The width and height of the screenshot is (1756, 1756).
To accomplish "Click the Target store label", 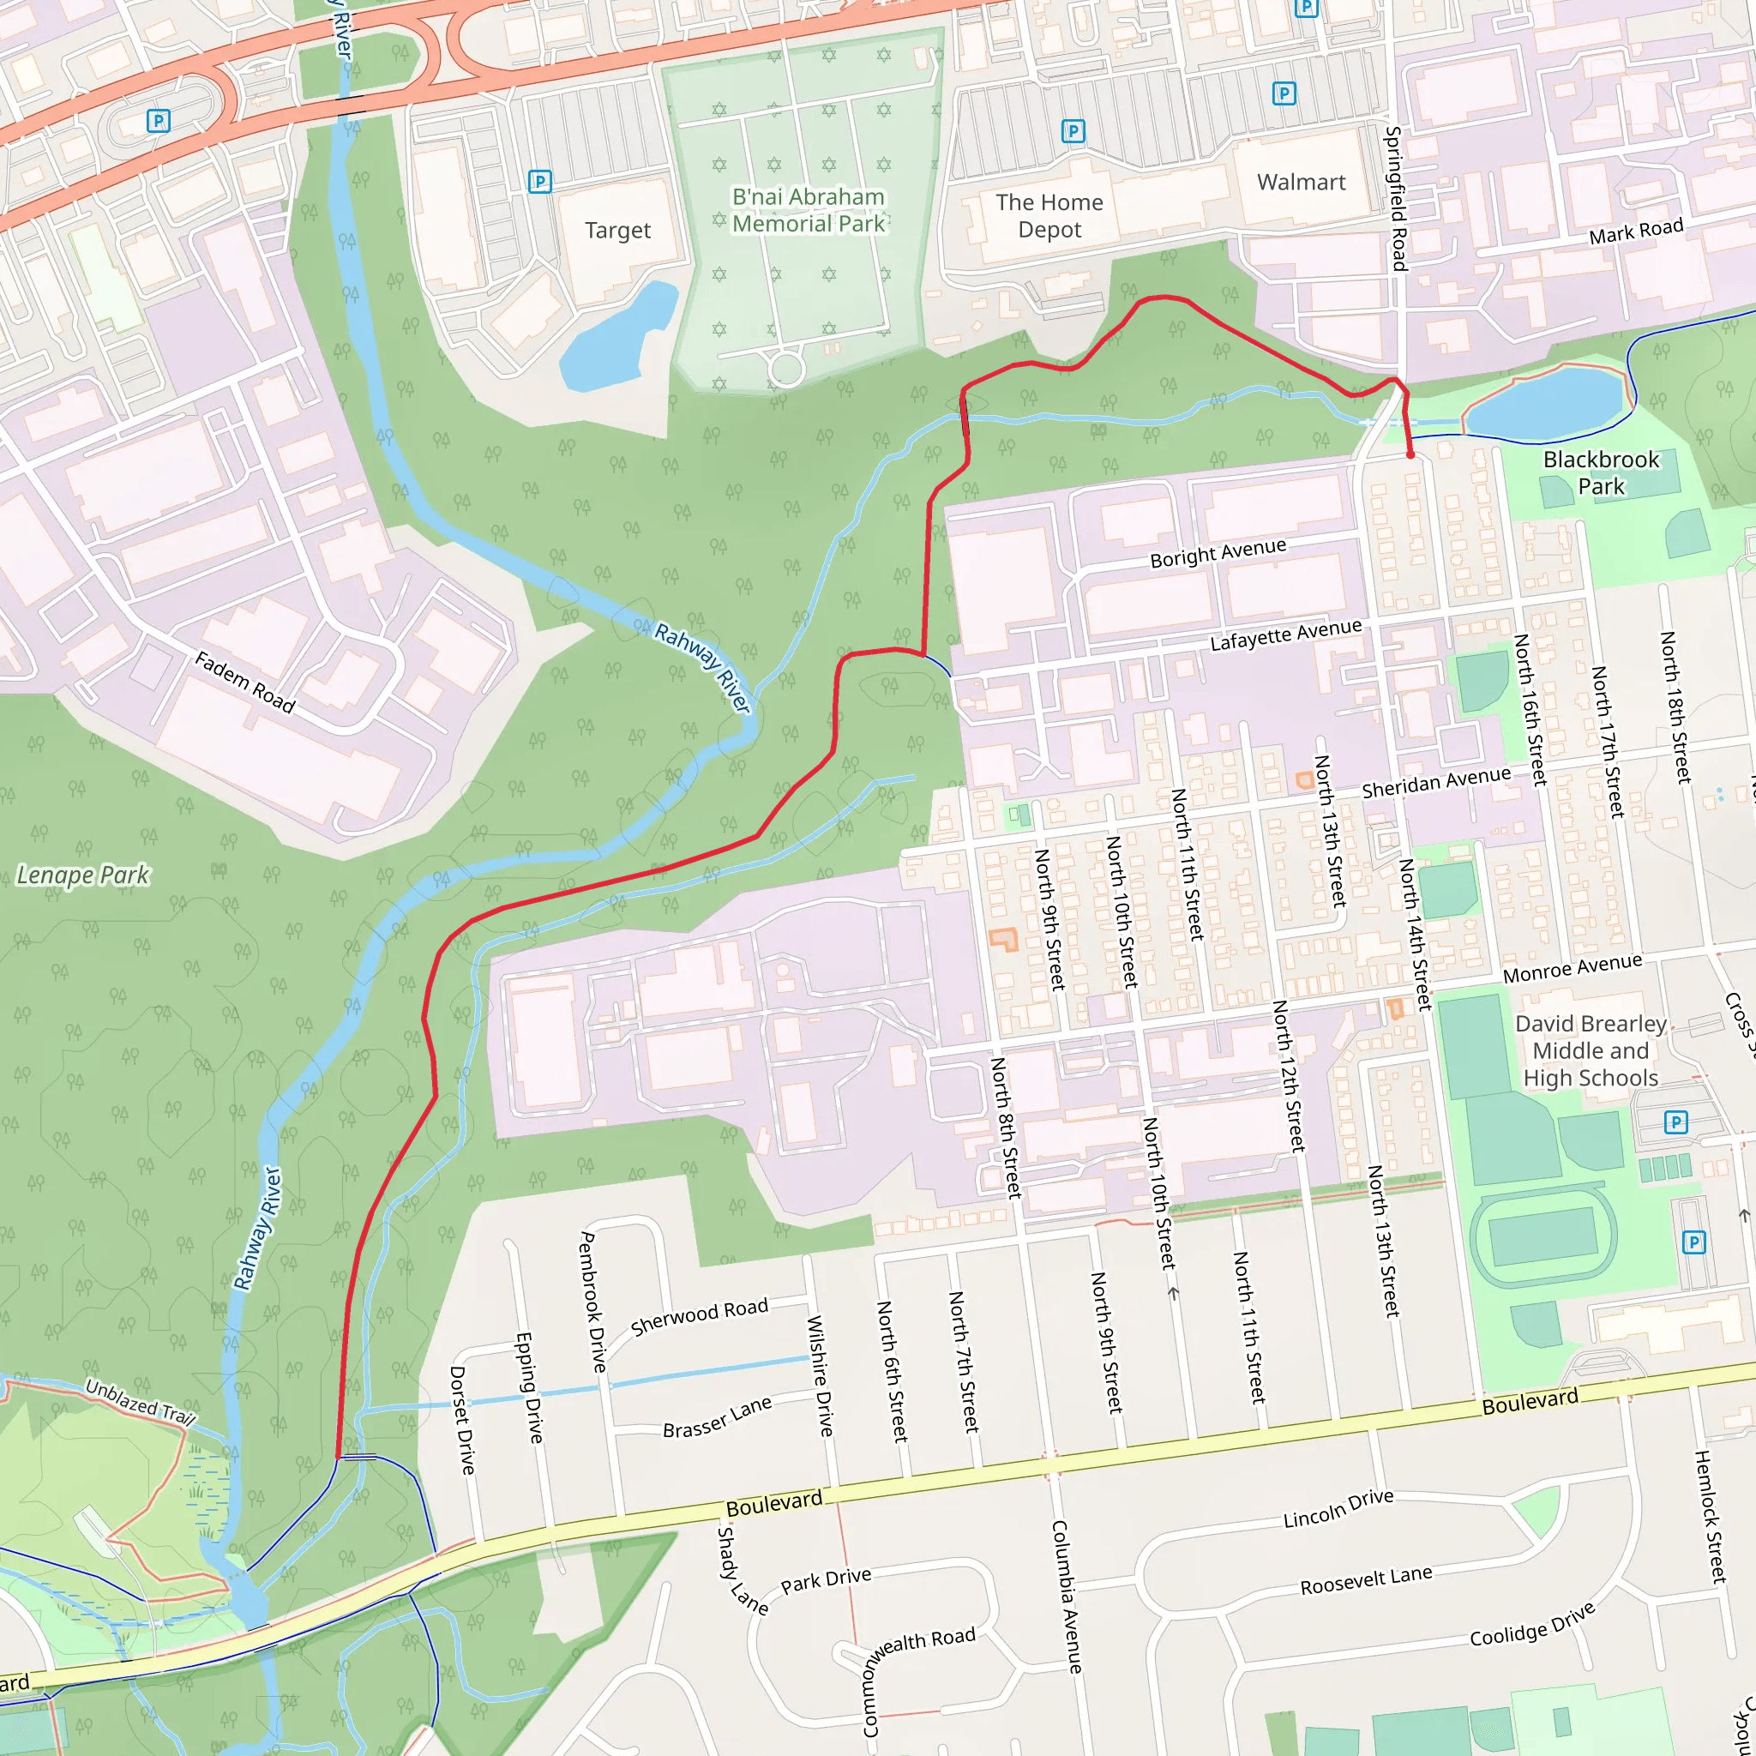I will (617, 230).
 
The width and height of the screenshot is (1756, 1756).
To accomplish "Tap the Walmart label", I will (1301, 182).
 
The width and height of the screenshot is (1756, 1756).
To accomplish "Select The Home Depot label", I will (1049, 215).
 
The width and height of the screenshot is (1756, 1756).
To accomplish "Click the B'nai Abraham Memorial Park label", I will (808, 210).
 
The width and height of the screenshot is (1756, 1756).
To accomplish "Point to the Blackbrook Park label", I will (1601, 472).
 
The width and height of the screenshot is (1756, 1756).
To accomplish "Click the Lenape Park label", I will (82, 875).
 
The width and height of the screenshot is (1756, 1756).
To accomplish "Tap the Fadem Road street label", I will (244, 683).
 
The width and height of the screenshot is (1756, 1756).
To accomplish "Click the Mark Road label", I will (1635, 231).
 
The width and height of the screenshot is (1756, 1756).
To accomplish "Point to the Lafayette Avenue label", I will (1285, 634).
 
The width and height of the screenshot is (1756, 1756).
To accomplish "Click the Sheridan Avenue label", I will (1436, 782).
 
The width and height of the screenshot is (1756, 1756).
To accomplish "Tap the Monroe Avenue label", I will (1573, 968).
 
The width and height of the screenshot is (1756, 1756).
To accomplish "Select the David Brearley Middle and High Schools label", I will (1591, 1050).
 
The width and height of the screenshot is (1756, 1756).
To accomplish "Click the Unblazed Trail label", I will (140, 1403).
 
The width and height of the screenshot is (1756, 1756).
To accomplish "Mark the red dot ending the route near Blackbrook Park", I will (1410, 454).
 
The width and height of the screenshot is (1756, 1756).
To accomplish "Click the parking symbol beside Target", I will (540, 182).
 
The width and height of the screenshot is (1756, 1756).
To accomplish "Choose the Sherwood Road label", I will (699, 1316).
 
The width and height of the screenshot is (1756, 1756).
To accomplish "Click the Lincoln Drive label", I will (1338, 1509).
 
